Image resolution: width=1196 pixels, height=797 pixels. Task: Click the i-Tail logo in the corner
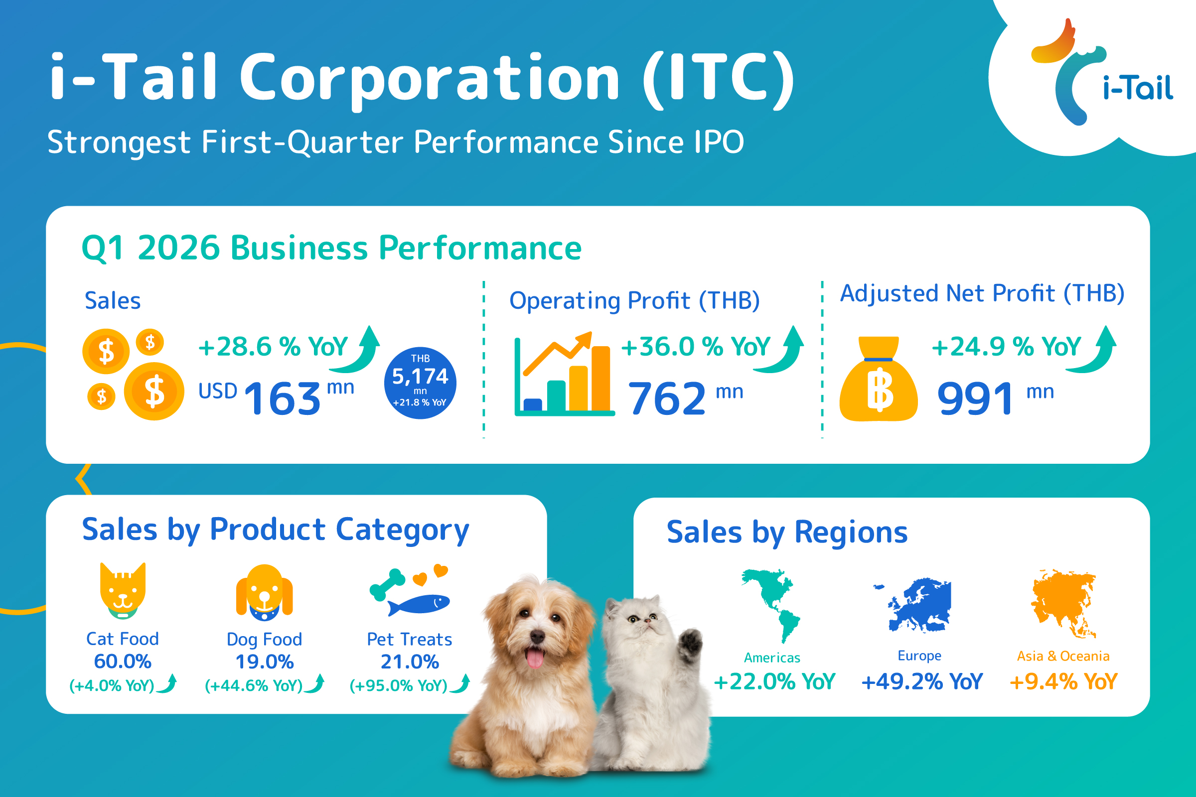[1098, 76]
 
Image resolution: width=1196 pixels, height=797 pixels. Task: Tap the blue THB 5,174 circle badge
[420, 383]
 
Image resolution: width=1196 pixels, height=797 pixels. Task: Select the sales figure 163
[283, 398]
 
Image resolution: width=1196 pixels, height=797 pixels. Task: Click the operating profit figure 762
[667, 398]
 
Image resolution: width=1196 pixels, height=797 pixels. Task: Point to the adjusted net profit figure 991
[975, 398]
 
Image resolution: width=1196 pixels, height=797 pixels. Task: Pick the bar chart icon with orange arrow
[563, 376]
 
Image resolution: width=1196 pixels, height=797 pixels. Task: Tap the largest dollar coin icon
[154, 392]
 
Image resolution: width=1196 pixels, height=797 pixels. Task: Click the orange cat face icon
[123, 590]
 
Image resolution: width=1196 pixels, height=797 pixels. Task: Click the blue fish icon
[418, 604]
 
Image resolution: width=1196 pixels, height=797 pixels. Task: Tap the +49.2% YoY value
[922, 681]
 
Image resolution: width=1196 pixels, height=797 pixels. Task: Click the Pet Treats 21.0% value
[410, 662]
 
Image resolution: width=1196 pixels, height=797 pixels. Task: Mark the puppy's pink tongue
[534, 659]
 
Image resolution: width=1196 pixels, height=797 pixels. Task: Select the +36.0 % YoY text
[696, 347]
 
